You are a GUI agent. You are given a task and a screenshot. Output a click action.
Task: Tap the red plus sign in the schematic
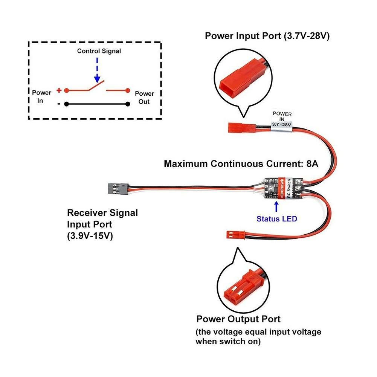coord(59,90)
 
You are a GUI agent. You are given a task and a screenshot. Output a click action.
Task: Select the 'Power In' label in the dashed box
coord(42,96)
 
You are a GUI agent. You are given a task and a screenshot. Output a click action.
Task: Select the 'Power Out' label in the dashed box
coord(145,98)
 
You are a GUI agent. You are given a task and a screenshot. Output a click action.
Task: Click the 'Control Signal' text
coord(99,51)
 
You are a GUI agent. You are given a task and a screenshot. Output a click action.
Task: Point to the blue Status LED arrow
coord(277,207)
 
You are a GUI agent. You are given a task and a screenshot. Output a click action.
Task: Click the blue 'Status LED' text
coord(277,218)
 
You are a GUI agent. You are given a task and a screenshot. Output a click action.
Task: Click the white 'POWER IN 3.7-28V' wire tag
coord(282,120)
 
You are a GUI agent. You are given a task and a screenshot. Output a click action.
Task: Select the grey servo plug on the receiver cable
coord(117,186)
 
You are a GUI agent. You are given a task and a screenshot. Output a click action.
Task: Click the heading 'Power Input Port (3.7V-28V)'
coord(267,36)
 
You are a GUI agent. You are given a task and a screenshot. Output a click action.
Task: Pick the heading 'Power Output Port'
coord(238,319)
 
